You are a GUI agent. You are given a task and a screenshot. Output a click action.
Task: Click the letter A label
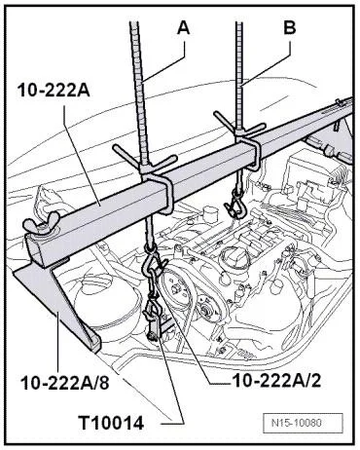[x=184, y=28]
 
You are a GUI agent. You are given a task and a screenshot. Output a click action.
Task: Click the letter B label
[x=290, y=27]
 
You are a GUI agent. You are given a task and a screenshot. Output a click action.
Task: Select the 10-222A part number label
[x=54, y=91]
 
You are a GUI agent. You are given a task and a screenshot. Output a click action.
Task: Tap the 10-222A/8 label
[x=65, y=383]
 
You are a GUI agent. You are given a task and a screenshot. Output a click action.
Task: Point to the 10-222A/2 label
[x=276, y=380]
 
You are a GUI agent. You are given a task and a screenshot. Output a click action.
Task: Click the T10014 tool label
[x=111, y=424]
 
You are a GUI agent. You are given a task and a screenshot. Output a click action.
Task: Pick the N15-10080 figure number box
[x=303, y=423]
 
